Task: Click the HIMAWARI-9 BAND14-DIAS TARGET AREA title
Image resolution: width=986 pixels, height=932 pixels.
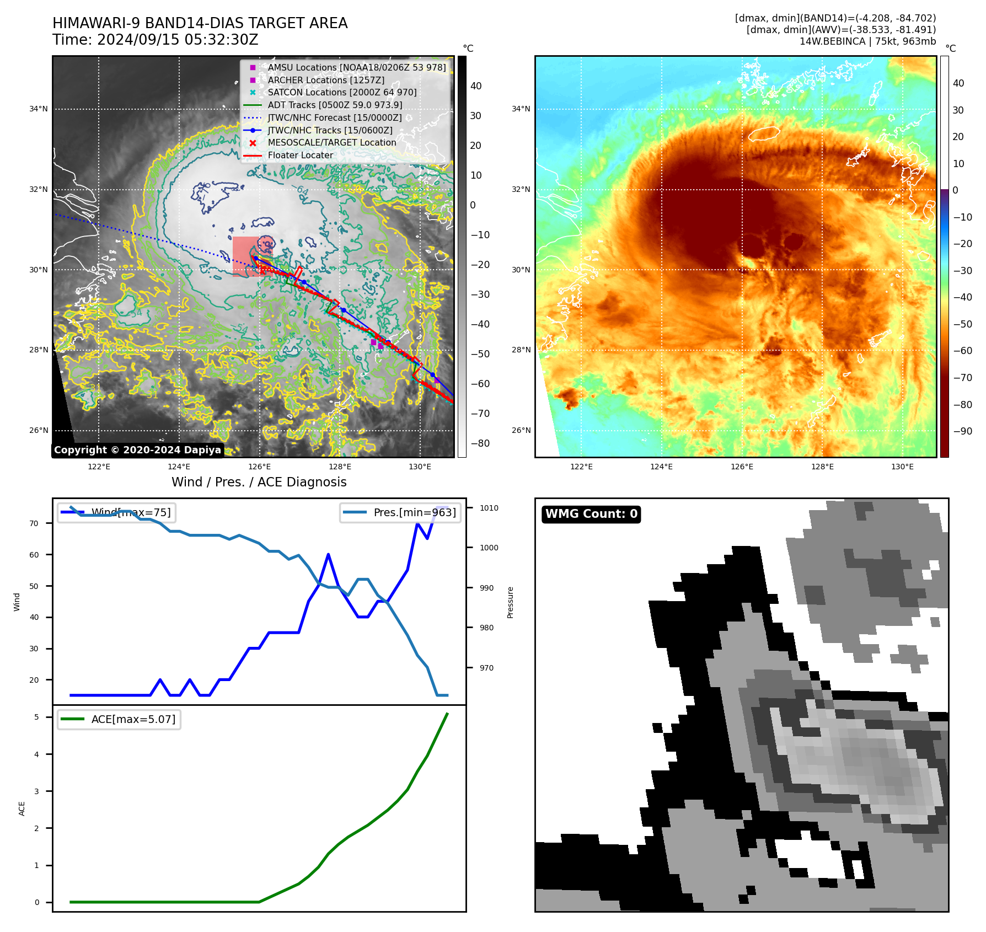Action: (x=200, y=23)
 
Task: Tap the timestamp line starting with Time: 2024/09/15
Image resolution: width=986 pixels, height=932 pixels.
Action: (x=155, y=40)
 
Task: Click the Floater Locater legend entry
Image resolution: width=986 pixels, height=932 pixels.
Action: (x=300, y=155)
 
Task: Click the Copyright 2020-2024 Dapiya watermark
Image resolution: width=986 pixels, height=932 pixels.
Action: (x=137, y=450)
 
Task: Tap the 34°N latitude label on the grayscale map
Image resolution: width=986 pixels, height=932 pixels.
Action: (x=39, y=109)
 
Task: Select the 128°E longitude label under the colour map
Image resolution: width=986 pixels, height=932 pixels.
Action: (x=822, y=467)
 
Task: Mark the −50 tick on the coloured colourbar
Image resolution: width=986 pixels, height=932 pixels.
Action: (x=963, y=324)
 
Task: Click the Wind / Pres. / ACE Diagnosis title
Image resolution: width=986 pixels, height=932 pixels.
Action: (x=259, y=482)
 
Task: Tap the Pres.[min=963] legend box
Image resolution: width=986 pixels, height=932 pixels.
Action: (x=400, y=512)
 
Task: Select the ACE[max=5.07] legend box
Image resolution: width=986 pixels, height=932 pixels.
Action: (x=119, y=719)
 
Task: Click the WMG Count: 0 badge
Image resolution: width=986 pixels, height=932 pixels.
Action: (x=591, y=514)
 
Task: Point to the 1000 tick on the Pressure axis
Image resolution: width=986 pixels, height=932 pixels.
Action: (x=489, y=548)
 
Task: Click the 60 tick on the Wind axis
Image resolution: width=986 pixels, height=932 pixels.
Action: (x=34, y=555)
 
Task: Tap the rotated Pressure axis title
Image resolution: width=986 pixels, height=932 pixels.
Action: (x=510, y=602)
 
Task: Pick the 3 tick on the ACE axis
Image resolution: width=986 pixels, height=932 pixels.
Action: (x=37, y=791)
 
